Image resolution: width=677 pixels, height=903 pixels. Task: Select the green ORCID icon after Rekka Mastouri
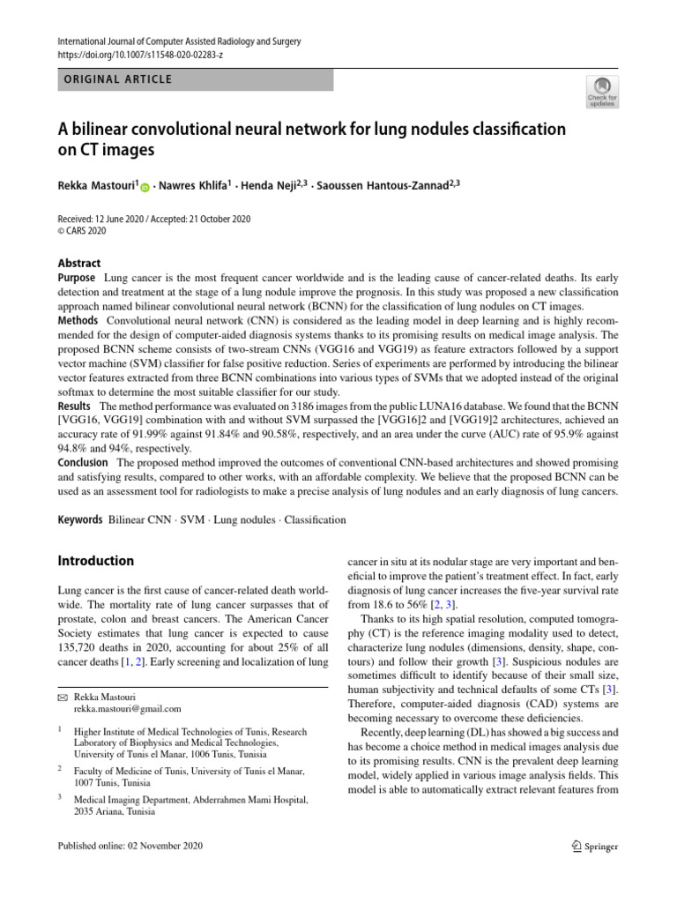click(x=145, y=186)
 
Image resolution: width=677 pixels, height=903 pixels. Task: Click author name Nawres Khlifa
click(x=194, y=186)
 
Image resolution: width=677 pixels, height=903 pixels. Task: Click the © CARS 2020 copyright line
click(x=81, y=231)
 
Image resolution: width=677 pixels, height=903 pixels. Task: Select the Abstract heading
click(x=79, y=263)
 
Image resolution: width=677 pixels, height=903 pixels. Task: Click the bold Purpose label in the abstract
click(x=78, y=278)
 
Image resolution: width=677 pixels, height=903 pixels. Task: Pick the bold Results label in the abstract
click(x=77, y=405)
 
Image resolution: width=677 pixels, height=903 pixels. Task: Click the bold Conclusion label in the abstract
click(x=83, y=463)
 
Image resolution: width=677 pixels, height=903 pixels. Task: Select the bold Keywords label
click(x=79, y=520)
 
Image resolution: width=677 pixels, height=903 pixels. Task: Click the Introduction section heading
click(x=95, y=561)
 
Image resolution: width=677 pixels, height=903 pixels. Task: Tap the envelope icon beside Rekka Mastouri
click(x=62, y=697)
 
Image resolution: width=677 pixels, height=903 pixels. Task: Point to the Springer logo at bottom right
click(x=594, y=847)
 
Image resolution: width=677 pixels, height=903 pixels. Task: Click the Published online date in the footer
click(x=130, y=847)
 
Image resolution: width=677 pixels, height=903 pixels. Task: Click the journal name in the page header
click(x=179, y=41)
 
